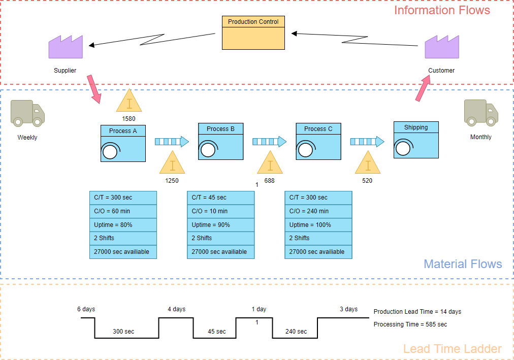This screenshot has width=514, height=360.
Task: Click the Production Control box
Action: pyautogui.click(x=253, y=33)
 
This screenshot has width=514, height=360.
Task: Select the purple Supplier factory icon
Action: pyautogui.click(x=66, y=47)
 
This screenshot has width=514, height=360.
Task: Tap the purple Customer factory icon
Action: pyautogui.click(x=441, y=47)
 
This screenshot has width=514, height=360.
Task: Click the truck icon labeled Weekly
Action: pyautogui.click(x=27, y=113)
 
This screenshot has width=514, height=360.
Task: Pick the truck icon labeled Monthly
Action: pyautogui.click(x=480, y=112)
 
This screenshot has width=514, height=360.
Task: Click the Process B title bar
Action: pyautogui.click(x=220, y=129)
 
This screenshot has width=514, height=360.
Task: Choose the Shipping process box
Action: pyautogui.click(x=416, y=140)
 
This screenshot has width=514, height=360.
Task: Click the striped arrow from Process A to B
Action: pyautogui.click(x=172, y=142)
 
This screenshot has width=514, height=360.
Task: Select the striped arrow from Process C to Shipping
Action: pyautogui.click(x=367, y=142)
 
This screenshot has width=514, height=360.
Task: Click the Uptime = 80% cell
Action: pyautogui.click(x=123, y=224)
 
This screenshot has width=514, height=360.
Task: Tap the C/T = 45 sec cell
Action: pyautogui.click(x=220, y=198)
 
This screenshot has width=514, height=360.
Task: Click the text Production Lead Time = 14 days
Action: pyautogui.click(x=417, y=312)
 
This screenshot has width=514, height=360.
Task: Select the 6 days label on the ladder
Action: pyautogui.click(x=86, y=309)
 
